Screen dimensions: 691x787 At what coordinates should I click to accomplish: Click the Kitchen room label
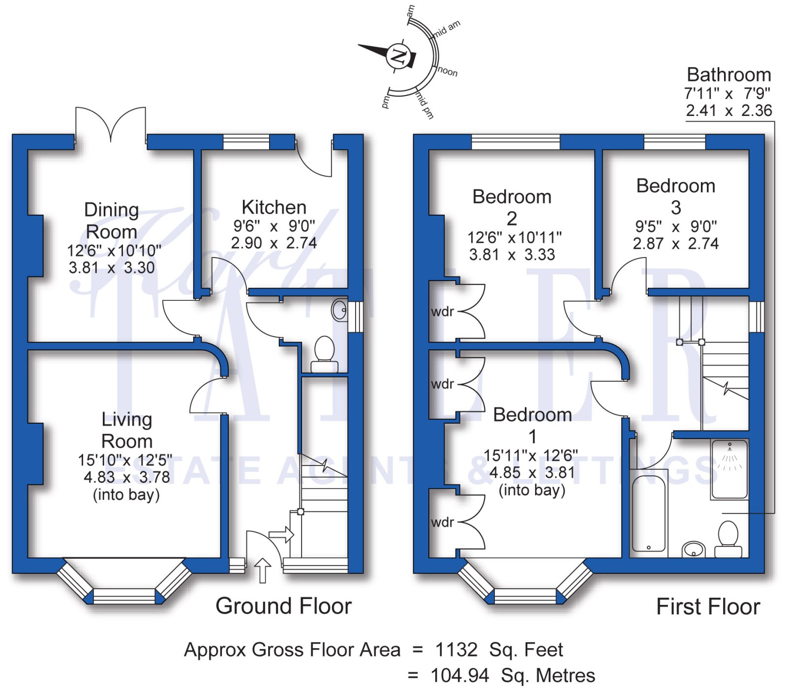pos(274,207)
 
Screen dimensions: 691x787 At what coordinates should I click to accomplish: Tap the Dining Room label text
pos(112,221)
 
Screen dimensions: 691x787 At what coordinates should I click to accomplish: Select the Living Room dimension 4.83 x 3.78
pos(127,477)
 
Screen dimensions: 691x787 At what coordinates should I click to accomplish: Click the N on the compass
pos(397,56)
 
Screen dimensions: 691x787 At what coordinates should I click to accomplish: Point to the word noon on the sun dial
pos(448,71)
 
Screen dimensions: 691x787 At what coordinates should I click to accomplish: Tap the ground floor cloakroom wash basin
pos(339,310)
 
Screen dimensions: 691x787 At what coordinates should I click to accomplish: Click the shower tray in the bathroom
pos(729,469)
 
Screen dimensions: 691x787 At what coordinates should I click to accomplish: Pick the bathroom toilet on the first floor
pos(728,538)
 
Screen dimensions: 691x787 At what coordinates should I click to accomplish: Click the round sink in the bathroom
pos(694,549)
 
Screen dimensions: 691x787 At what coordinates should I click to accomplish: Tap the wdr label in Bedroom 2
pos(442,312)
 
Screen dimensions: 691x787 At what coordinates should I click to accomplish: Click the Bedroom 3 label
pos(676,196)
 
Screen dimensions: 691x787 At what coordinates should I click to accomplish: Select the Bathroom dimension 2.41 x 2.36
pos(729,111)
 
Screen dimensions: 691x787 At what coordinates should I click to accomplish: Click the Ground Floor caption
pos(283,606)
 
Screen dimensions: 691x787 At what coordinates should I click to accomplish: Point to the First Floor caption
pos(708,606)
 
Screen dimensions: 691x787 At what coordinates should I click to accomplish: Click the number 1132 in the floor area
pos(456,650)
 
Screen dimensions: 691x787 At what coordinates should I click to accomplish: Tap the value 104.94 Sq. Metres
pos(512,676)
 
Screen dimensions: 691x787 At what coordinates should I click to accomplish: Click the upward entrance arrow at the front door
pos(263,570)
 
